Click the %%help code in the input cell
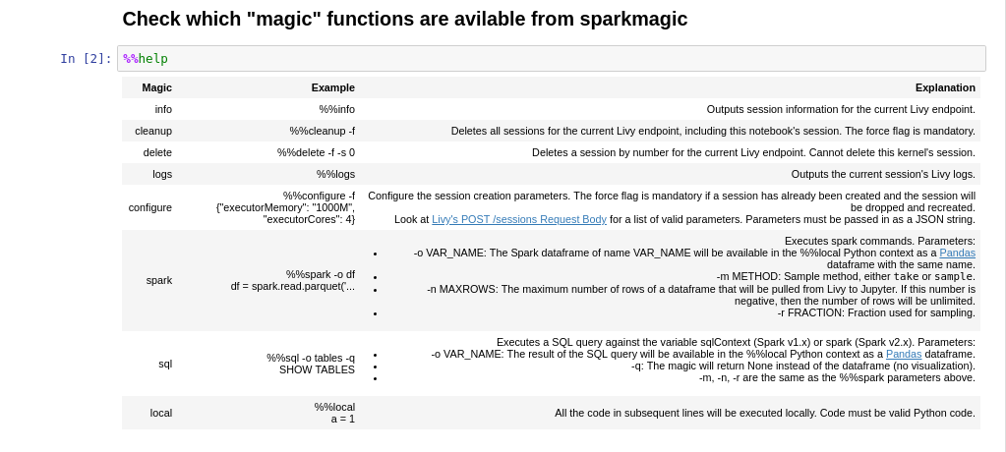[146, 59]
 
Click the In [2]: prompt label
[86, 59]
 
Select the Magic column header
[157, 87]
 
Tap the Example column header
[333, 87]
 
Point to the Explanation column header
[945, 87]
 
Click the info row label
[163, 110]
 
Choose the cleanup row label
[153, 132]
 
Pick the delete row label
[157, 152]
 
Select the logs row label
[162, 174]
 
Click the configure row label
[150, 207]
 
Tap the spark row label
[159, 281]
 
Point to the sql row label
[165, 365]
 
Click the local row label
[161, 413]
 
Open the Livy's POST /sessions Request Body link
[519, 219]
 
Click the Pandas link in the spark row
[957, 253]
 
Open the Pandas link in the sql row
[904, 354]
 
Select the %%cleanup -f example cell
[323, 132]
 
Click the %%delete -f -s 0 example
[316, 152]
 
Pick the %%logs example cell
[335, 174]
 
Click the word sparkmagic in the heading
[633, 20]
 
